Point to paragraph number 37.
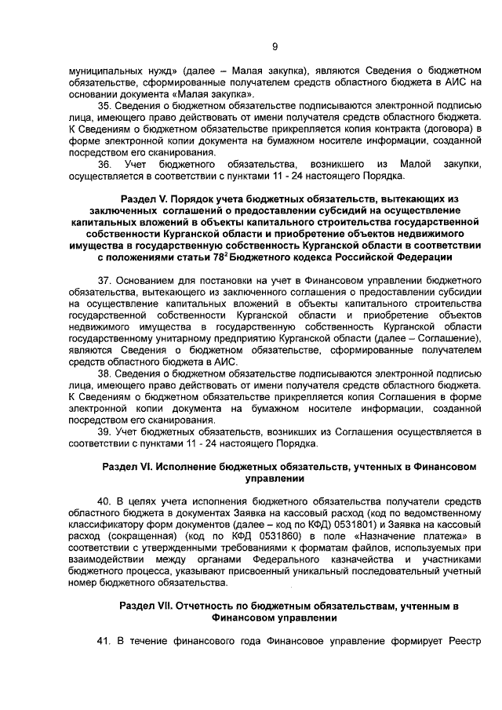(x=104, y=280)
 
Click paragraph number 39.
(x=104, y=431)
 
